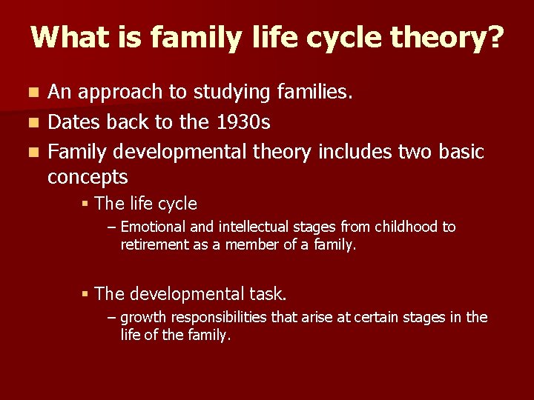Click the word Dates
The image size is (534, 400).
tap(73, 122)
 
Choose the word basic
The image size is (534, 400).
tap(458, 152)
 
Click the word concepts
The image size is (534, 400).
tap(88, 177)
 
